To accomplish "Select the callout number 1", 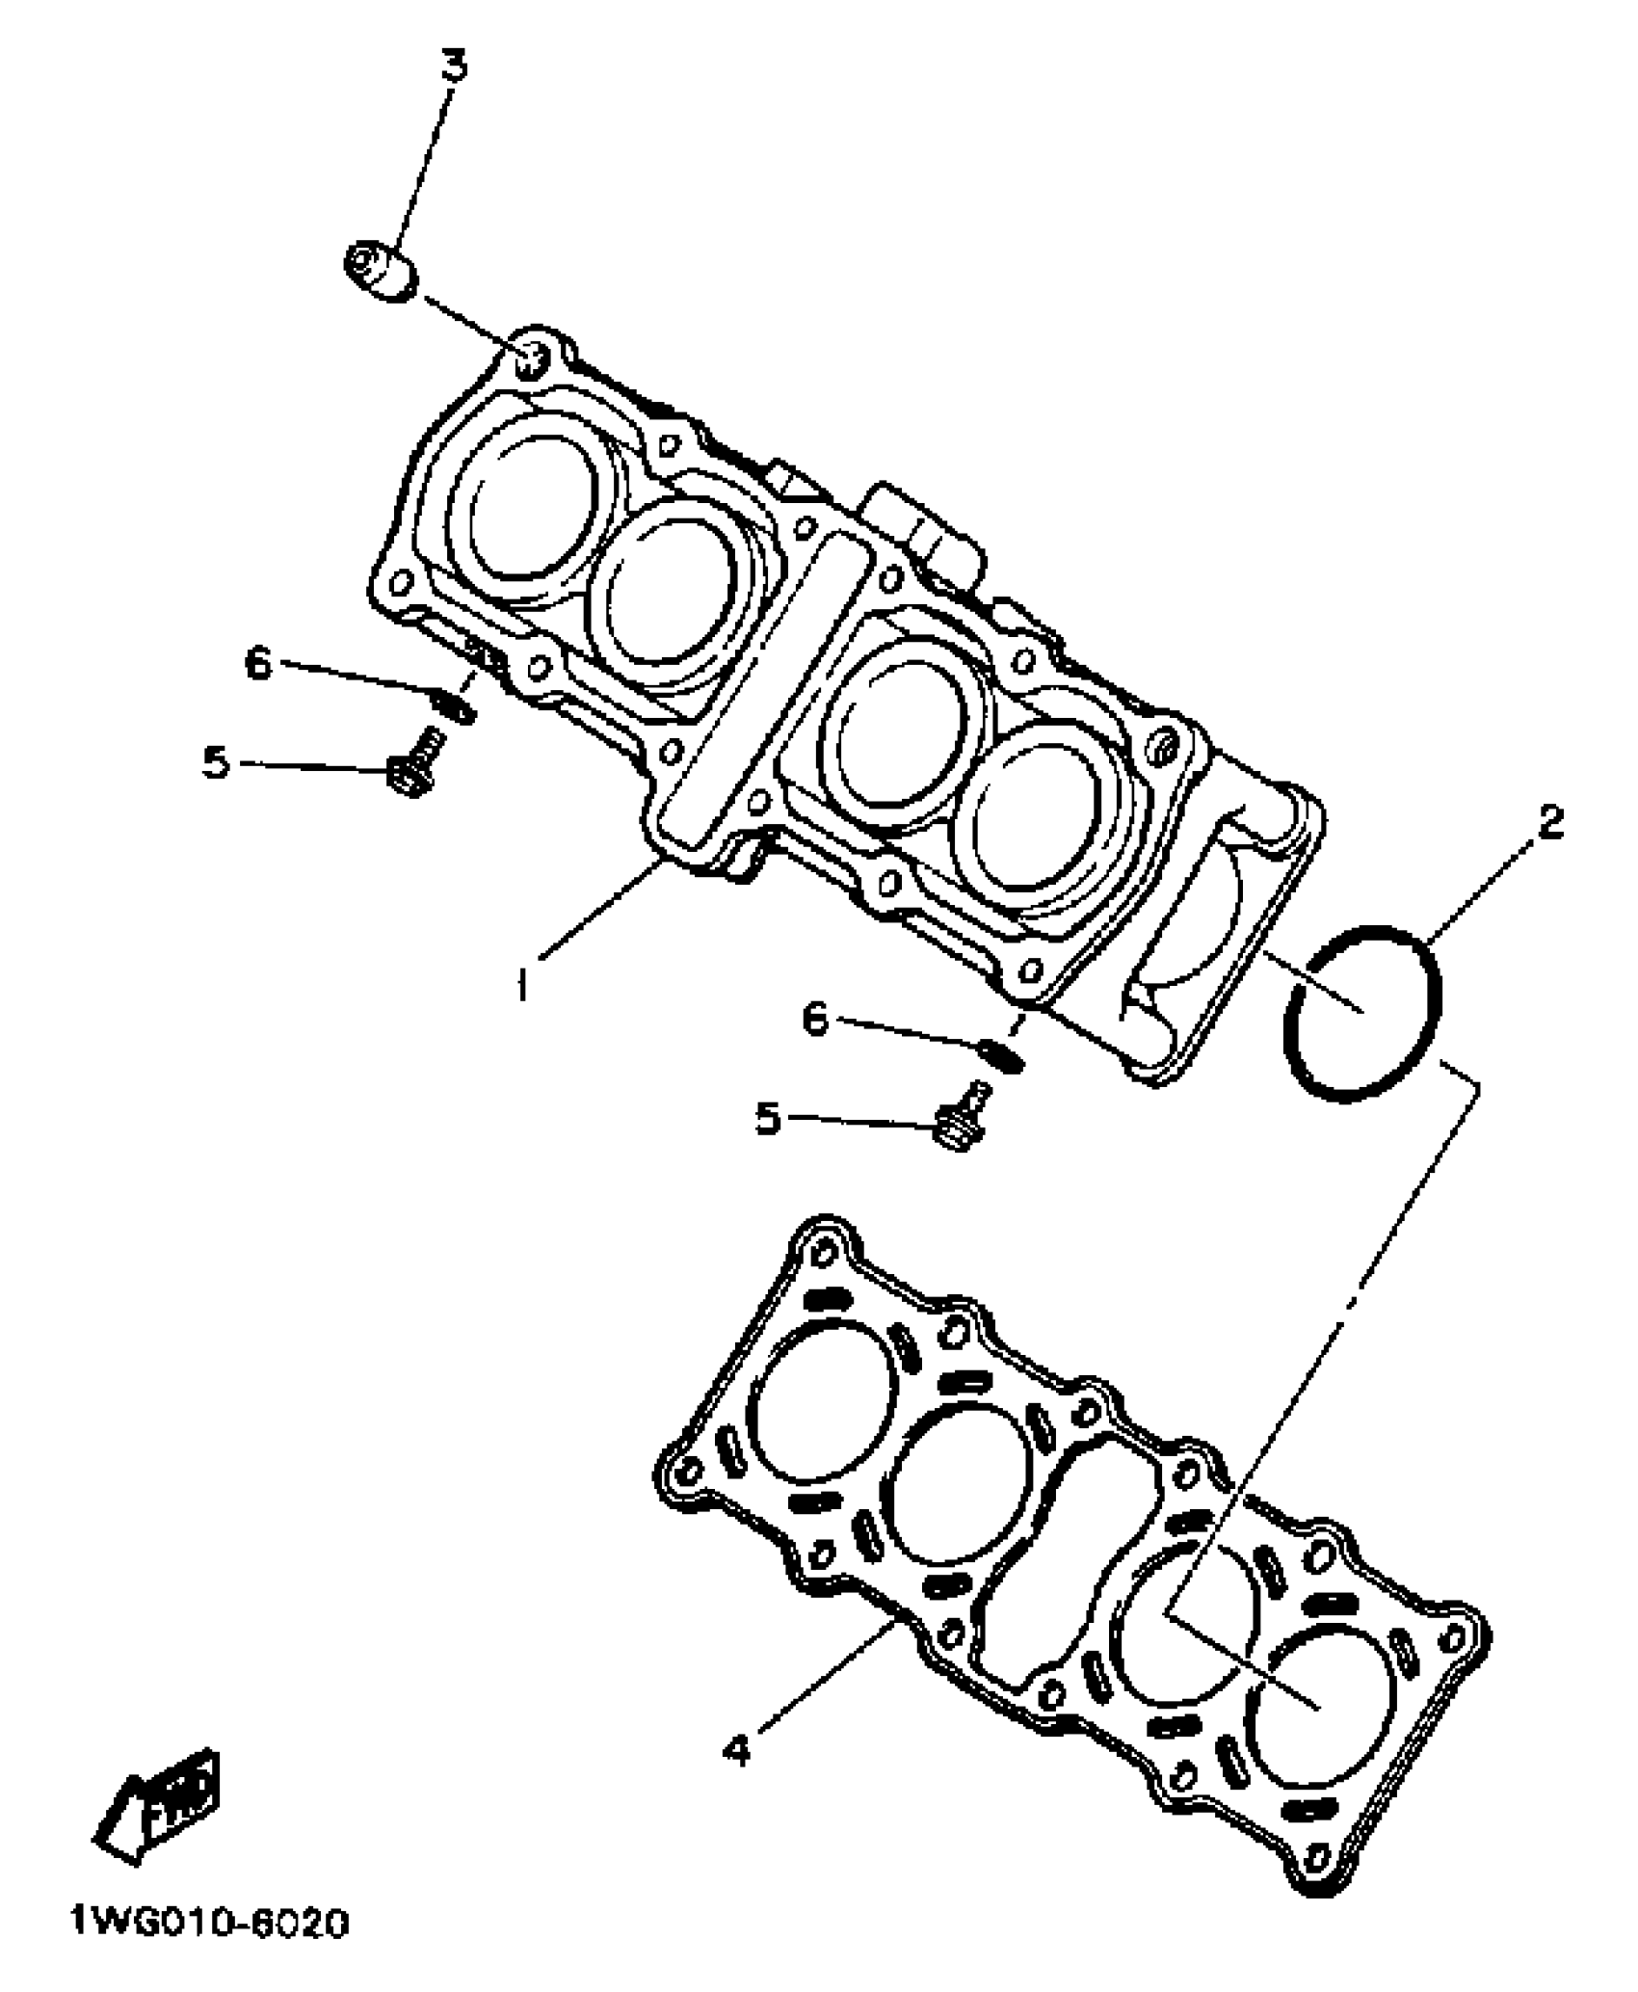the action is tap(521, 984).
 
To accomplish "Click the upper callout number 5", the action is tap(216, 763).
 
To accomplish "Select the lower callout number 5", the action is tap(767, 1119).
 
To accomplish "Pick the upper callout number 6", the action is tap(257, 664).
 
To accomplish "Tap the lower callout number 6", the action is tap(815, 1018).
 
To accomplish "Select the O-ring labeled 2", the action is tap(1362, 1010).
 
